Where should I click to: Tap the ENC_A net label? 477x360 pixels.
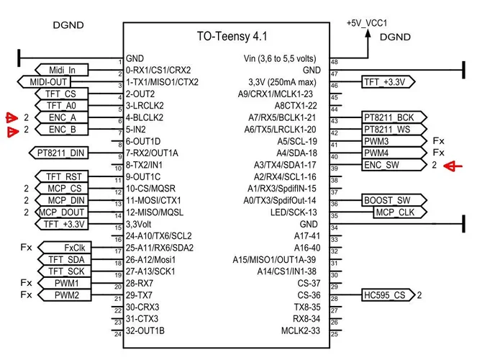(63, 117)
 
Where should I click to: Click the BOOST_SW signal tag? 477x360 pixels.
(387, 200)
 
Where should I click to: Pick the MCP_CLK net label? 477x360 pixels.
(394, 212)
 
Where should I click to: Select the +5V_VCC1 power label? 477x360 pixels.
(368, 23)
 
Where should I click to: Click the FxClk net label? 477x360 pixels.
(74, 247)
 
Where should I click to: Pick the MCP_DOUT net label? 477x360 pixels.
(60, 212)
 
